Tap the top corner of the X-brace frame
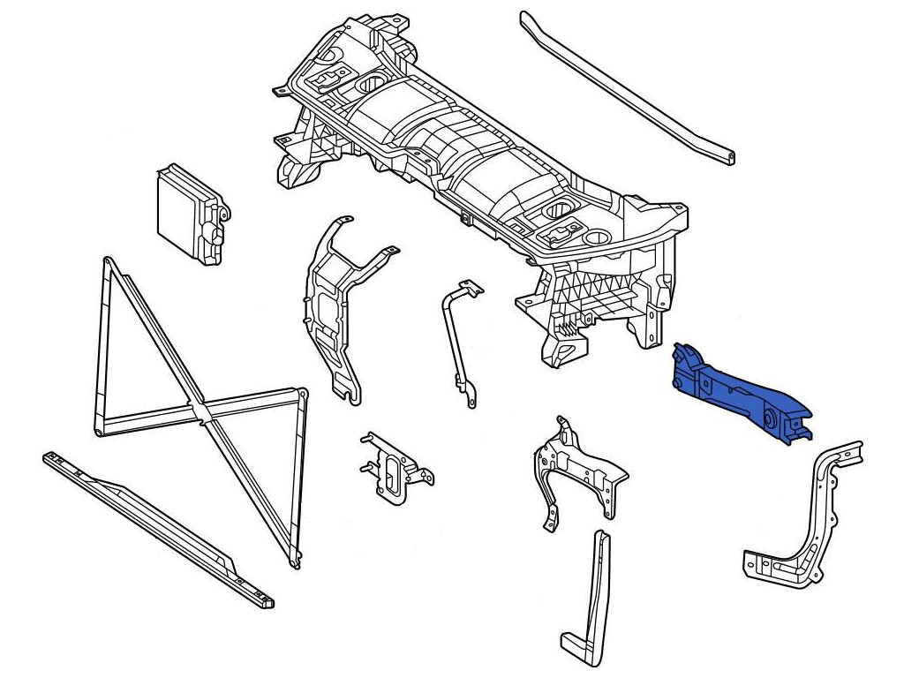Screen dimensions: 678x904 pos(109,262)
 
